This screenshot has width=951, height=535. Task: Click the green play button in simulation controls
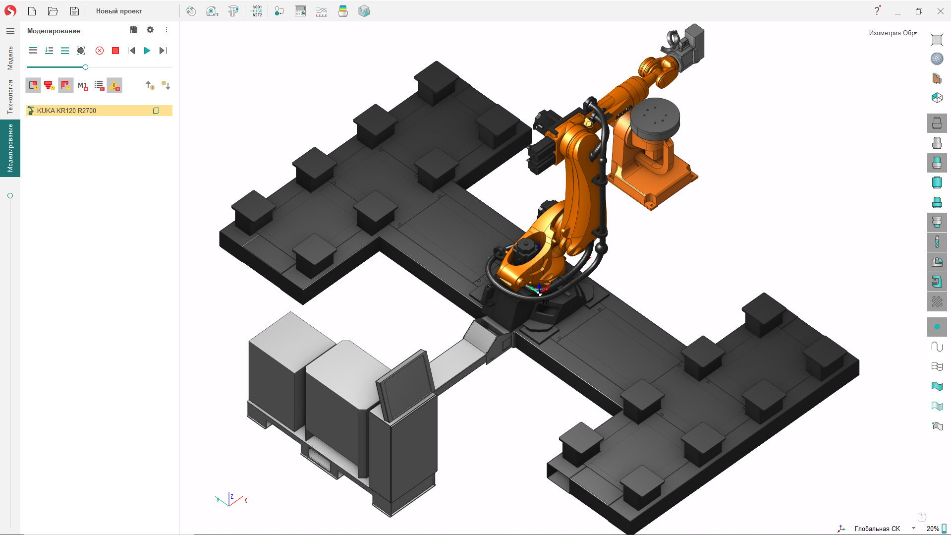point(147,51)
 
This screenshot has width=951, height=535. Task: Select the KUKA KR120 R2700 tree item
point(66,111)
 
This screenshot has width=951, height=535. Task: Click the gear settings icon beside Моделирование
point(150,30)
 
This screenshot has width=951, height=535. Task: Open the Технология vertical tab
point(10,97)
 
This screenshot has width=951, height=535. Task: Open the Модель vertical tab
point(10,58)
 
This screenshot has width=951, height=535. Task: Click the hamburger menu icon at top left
point(10,31)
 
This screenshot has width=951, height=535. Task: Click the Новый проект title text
point(119,11)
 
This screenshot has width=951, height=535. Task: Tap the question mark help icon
point(877,11)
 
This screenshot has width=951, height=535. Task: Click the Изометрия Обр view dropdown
point(893,33)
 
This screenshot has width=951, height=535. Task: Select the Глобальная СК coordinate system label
point(877,529)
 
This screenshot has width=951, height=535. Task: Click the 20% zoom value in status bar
point(932,529)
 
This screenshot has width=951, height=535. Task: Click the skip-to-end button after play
point(163,51)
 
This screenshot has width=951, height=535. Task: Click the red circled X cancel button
point(100,51)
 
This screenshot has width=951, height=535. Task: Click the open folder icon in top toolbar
point(53,11)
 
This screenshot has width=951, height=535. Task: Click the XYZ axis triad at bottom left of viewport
point(230,500)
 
